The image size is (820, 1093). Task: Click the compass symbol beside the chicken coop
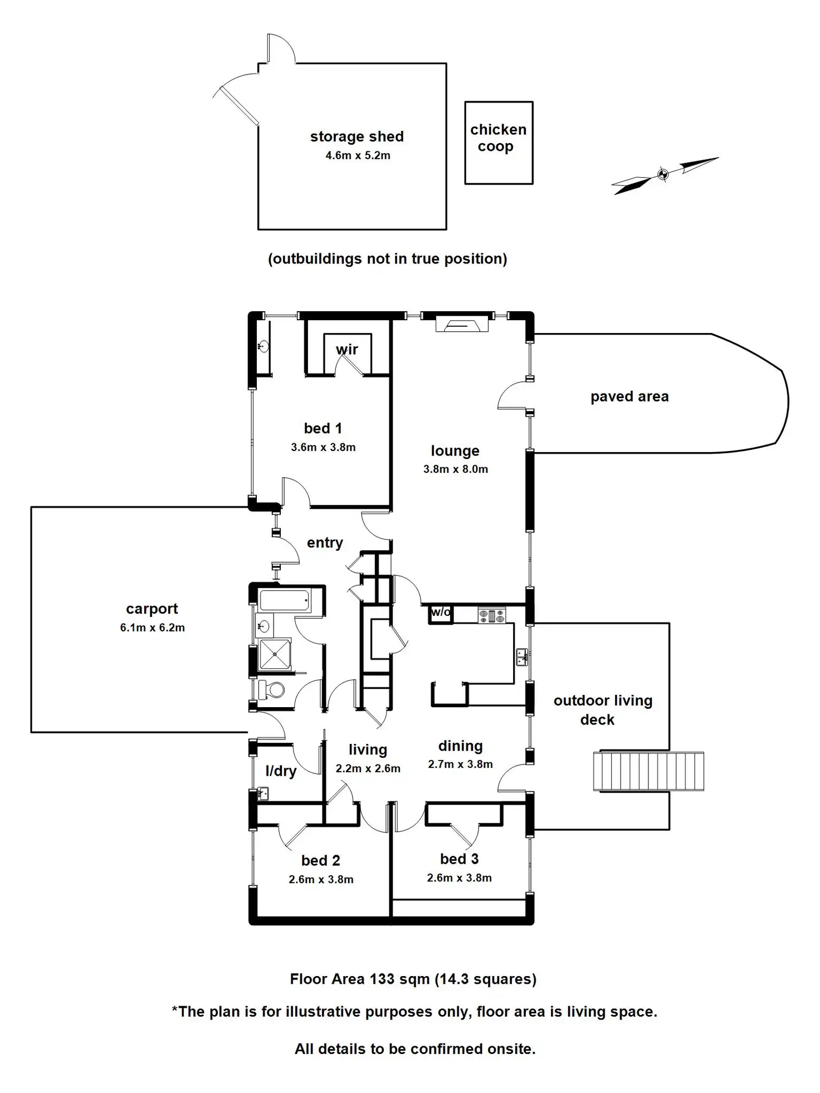[x=663, y=174]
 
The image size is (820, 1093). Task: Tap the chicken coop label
[x=497, y=138]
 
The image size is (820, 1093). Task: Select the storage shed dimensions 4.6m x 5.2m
[x=358, y=156]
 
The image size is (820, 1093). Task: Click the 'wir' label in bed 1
[x=346, y=350]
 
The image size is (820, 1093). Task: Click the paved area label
[x=629, y=396]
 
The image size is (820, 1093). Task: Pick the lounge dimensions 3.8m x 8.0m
[x=455, y=469]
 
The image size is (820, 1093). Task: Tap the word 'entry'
[x=325, y=543]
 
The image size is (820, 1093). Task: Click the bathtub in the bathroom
[x=284, y=601]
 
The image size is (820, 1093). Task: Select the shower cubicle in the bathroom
[x=275, y=654]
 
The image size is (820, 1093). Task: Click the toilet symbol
[x=272, y=691]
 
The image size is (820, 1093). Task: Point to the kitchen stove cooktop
[x=491, y=616]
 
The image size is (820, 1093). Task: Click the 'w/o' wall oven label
[x=441, y=612]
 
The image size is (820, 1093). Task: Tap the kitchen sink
[x=522, y=658]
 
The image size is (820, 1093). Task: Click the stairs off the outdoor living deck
[x=648, y=771]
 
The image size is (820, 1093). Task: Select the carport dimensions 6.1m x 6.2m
[x=152, y=628]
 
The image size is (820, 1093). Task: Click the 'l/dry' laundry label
[x=280, y=771]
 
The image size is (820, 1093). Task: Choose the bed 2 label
[x=320, y=861]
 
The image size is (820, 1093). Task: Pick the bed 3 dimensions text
[x=459, y=878]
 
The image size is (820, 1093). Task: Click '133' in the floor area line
[x=382, y=979]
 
